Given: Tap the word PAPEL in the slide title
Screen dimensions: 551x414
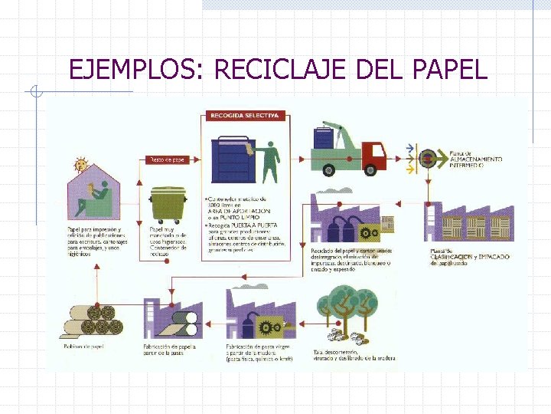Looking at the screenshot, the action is (x=448, y=70).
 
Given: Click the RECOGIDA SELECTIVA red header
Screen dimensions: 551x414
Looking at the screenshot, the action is (x=245, y=116).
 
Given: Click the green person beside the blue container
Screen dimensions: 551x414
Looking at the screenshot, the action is (x=270, y=162).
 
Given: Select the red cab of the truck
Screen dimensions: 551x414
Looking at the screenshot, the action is (x=373, y=153).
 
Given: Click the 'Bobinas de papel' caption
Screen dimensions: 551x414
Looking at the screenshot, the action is (x=83, y=347).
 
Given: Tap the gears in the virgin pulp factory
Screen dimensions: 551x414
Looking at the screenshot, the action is (x=269, y=327).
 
